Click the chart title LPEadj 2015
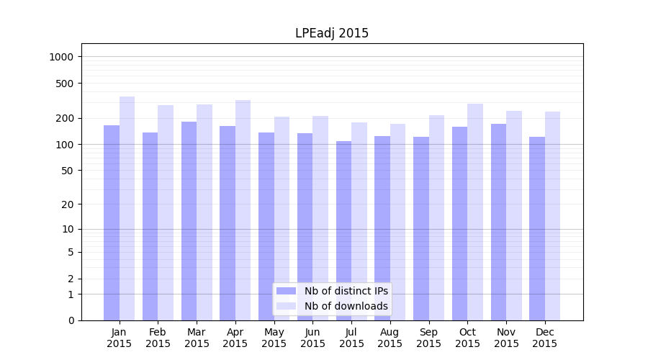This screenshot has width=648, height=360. pyautogui.click(x=332, y=33)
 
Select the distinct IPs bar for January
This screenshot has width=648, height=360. pyautogui.click(x=112, y=222)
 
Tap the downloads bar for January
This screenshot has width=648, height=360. pyautogui.click(x=127, y=208)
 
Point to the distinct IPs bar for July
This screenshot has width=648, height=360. pyautogui.click(x=343, y=230)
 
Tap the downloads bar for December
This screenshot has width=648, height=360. pyautogui.click(x=552, y=216)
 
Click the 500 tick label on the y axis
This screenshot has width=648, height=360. pyautogui.click(x=66, y=84)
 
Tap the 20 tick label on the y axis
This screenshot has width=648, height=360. pyautogui.click(x=68, y=204)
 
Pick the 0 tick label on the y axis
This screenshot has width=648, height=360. pyautogui.click(x=71, y=320)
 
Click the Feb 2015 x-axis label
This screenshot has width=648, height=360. pyautogui.click(x=158, y=338)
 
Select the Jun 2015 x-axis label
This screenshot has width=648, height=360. pyautogui.click(x=312, y=338)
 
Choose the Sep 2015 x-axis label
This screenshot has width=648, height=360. pyautogui.click(x=428, y=338)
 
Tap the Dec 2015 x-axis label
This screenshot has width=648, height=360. pyautogui.click(x=545, y=338)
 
